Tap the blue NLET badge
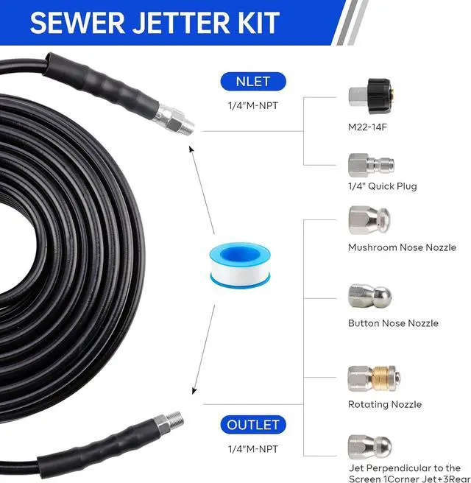pos(252,82)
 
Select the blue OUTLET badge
pos(252,425)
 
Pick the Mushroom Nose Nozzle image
pos(368,220)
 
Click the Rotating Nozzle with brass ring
pos(372,379)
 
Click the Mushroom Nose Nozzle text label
pos(402,247)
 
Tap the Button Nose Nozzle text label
pos(393,323)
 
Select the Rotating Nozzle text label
pos(385,404)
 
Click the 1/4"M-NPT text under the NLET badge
pos(252,105)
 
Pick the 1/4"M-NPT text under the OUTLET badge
pos(252,448)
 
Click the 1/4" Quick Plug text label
pos(383,186)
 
